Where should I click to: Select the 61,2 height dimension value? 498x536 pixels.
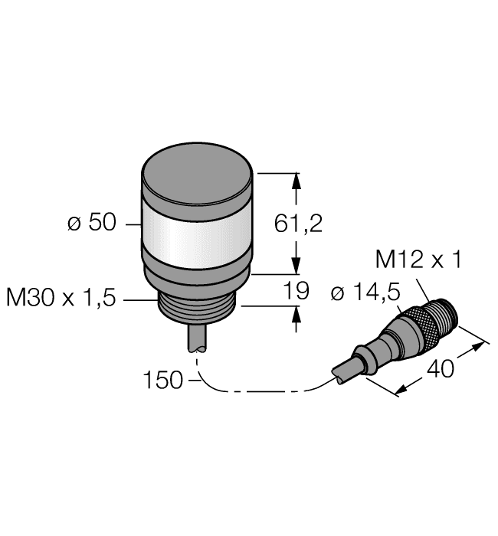299,224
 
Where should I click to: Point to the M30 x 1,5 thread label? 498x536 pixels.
61,298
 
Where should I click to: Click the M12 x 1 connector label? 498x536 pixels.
418,260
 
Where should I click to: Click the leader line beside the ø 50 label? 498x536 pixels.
129,224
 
